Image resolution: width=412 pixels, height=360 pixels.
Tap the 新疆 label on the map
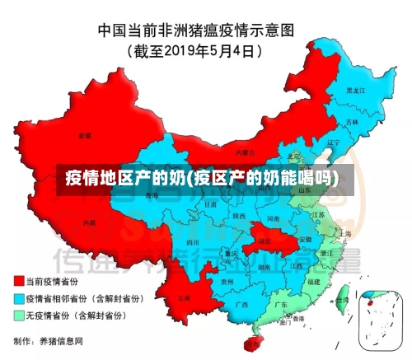click(x=85, y=134)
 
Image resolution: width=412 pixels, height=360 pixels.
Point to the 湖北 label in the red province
click(x=264, y=241)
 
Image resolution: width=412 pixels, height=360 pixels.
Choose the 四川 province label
click(x=193, y=243)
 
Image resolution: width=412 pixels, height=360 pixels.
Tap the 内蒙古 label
click(x=243, y=153)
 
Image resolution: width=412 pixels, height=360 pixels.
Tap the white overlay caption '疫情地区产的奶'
click(x=125, y=177)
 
